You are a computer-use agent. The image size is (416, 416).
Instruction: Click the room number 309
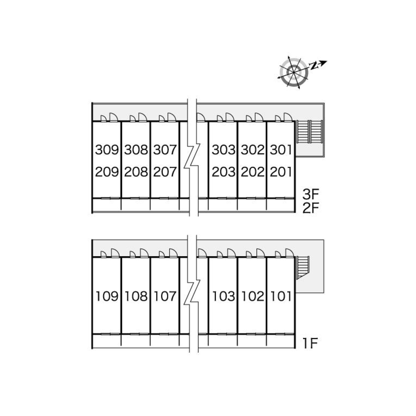(x=107, y=150)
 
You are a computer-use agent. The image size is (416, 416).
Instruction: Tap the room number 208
(x=136, y=171)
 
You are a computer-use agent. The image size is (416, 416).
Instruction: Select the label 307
(x=165, y=150)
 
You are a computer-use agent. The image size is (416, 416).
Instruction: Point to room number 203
(x=224, y=171)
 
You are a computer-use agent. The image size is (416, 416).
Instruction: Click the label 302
(x=253, y=150)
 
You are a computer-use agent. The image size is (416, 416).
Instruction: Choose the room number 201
(x=281, y=171)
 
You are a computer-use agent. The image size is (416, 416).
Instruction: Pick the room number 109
(x=107, y=297)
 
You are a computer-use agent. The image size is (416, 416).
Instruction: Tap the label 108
(x=136, y=297)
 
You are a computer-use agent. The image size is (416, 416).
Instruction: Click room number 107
(x=165, y=297)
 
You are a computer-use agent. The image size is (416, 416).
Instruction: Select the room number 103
(x=224, y=297)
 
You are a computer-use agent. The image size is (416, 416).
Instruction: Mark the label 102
(x=253, y=297)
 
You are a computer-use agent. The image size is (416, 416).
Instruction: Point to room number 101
(x=281, y=297)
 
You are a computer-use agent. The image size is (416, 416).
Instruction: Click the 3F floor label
(x=311, y=194)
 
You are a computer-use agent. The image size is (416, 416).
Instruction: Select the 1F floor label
(x=311, y=343)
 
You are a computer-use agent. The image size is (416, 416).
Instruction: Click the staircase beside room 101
(x=303, y=267)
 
